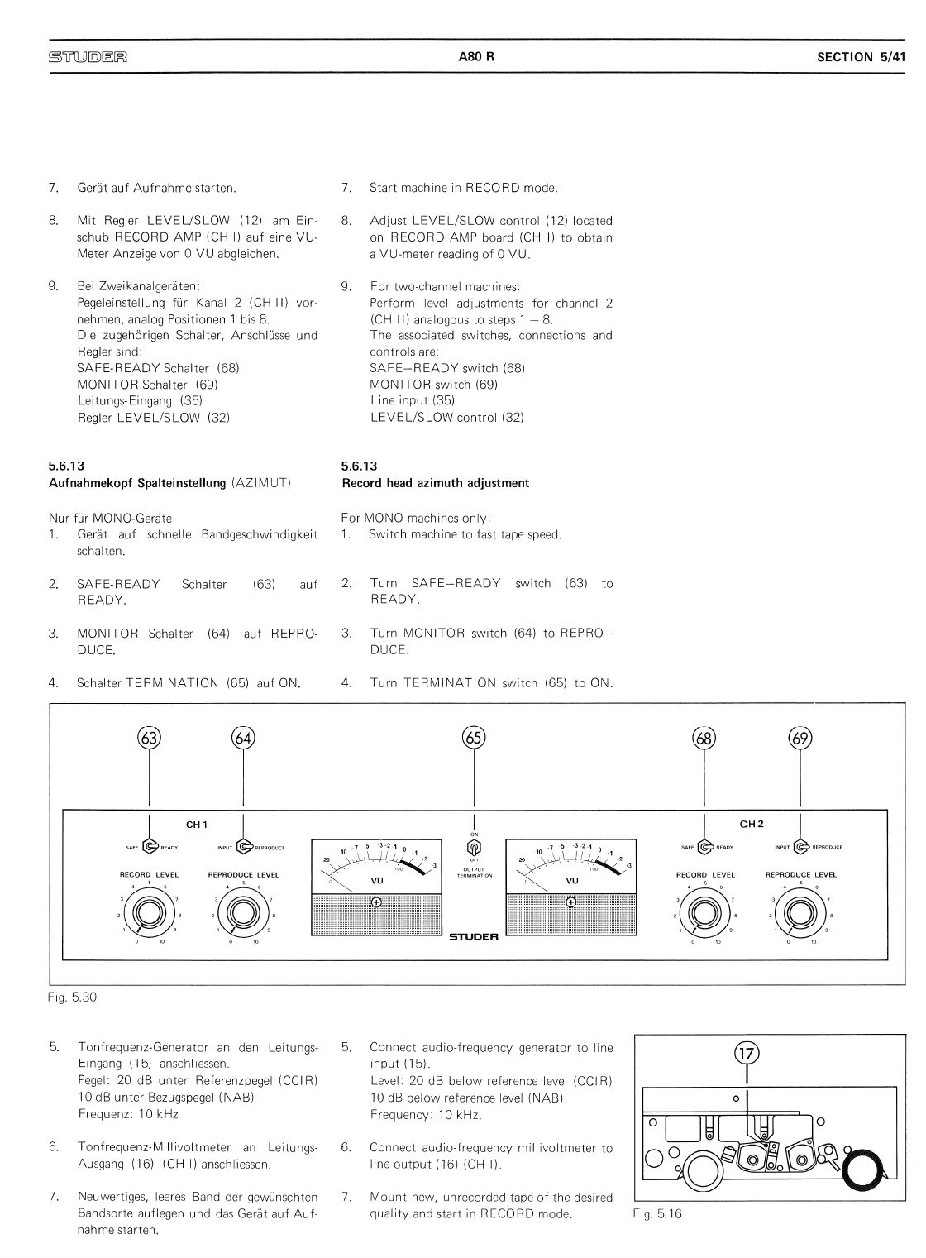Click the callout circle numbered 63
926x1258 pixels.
point(149,737)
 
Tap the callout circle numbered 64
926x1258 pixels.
point(243,737)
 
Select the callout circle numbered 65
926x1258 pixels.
point(474,737)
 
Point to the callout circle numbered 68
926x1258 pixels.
point(704,737)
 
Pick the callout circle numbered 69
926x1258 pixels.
point(800,737)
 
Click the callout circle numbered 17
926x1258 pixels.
point(747,1053)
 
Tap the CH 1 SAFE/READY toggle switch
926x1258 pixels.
point(150,846)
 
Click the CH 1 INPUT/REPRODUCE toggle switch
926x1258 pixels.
point(244,846)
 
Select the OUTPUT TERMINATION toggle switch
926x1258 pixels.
point(475,847)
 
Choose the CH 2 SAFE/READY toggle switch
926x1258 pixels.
point(705,846)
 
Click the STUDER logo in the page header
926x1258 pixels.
point(88,58)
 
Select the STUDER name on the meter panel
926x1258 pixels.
point(474,937)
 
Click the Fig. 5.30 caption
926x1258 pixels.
point(73,997)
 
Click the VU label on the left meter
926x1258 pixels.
point(377,881)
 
